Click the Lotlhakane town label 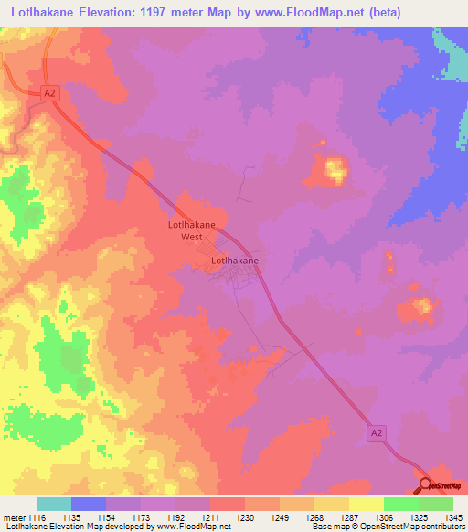tap(234, 261)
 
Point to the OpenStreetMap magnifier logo tap(426, 484)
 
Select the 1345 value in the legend tap(452, 517)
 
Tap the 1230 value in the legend tap(244, 517)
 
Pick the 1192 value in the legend tap(175, 517)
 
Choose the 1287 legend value tap(348, 517)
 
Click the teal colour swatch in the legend tap(54, 504)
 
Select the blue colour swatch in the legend tap(89, 504)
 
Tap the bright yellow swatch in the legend tap(366, 504)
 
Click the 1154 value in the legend tap(105, 517)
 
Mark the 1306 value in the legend tap(383, 517)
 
